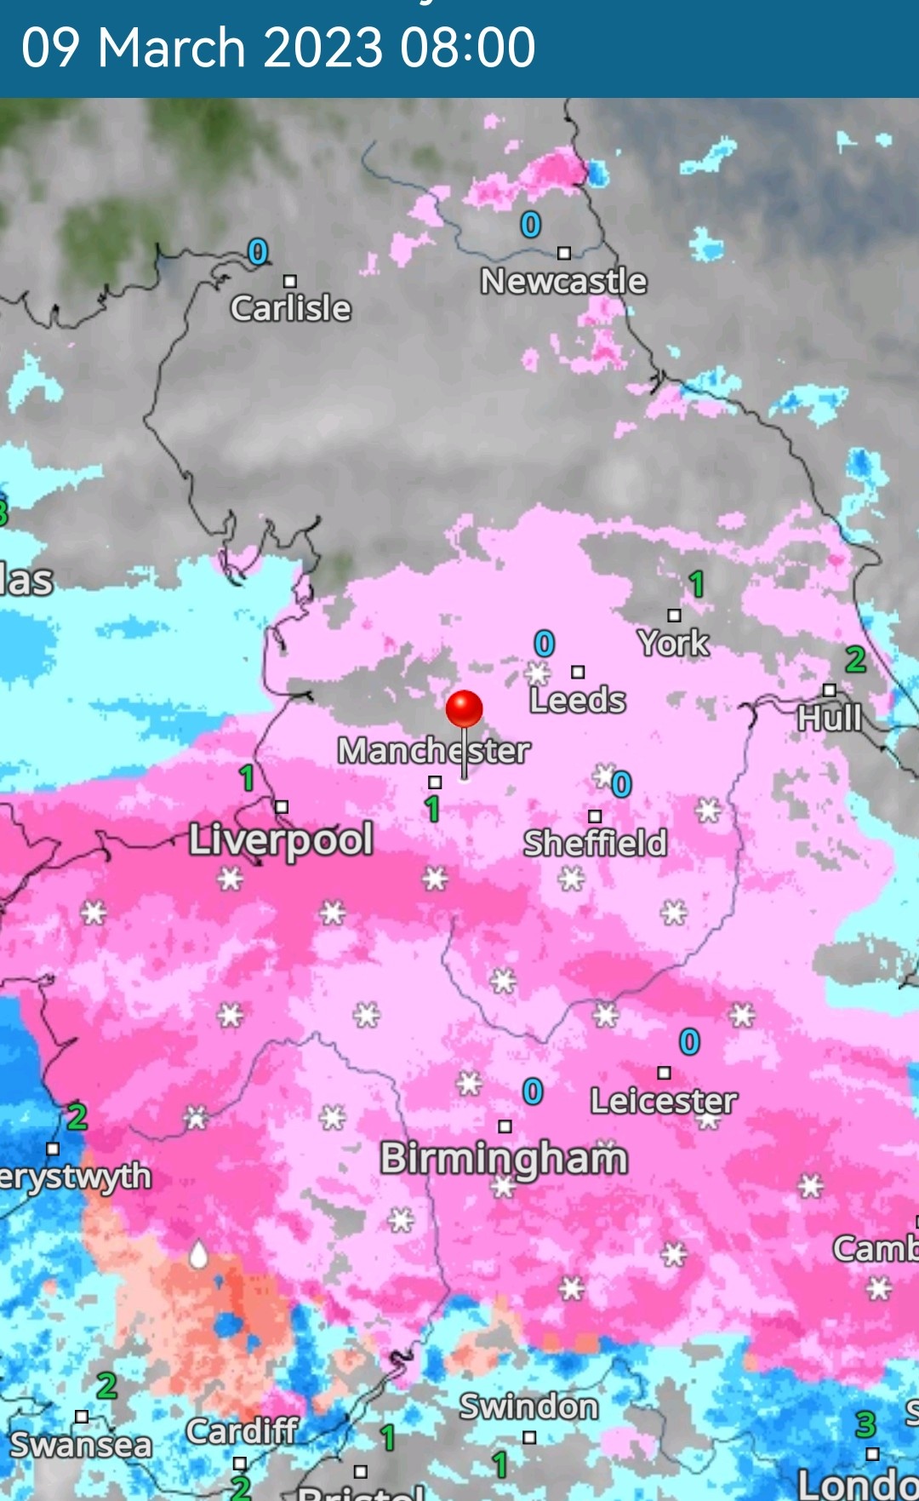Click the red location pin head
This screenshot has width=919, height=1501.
pyautogui.click(x=464, y=708)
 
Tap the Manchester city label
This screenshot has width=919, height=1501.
pyautogui.click(x=433, y=751)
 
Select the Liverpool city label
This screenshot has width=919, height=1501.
pyautogui.click(x=281, y=839)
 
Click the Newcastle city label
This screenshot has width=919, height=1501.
pyautogui.click(x=563, y=281)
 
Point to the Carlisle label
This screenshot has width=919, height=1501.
pyautogui.click(x=290, y=308)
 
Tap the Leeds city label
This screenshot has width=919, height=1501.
pyautogui.click(x=578, y=700)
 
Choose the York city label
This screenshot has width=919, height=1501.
pyautogui.click(x=673, y=643)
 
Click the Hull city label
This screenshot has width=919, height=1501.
pyautogui.click(x=830, y=718)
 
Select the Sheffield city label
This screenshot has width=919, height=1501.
pyautogui.click(x=595, y=843)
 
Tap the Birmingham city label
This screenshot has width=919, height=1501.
pyautogui.click(x=504, y=1159)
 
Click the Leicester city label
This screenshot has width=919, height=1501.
pyautogui.click(x=664, y=1101)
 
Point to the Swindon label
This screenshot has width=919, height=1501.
pyautogui.click(x=528, y=1406)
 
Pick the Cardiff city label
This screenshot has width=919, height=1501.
pyautogui.click(x=243, y=1431)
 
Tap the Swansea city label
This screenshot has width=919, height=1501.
pyautogui.click(x=81, y=1445)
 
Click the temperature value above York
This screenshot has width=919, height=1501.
pyautogui.click(x=697, y=584)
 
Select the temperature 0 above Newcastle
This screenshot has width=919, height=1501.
pyautogui.click(x=531, y=225)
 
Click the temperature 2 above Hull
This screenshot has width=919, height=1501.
pyautogui.click(x=855, y=660)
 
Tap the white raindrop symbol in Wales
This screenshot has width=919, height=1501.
pyautogui.click(x=198, y=1254)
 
